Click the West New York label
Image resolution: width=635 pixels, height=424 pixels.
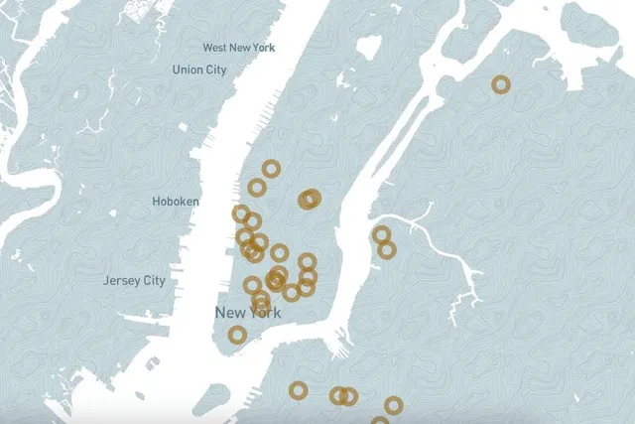[239, 48]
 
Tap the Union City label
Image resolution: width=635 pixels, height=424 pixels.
[198, 70]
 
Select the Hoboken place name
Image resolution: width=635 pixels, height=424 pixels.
[176, 202]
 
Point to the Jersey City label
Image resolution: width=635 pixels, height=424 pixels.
[134, 281]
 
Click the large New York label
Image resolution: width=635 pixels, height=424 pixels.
[248, 313]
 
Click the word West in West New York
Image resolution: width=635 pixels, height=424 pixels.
[214, 48]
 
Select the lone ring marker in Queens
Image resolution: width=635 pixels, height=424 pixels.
[501, 85]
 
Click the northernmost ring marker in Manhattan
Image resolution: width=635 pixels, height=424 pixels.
[271, 169]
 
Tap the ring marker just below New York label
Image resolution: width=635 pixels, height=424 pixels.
[237, 335]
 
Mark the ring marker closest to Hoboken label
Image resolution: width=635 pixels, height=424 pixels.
[240, 212]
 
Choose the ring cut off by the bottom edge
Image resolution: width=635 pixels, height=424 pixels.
[380, 421]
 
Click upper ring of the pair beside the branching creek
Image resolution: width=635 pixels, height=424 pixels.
[381, 234]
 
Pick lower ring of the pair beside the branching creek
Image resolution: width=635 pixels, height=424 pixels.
[386, 249]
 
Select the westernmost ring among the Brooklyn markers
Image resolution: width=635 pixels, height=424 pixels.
[298, 390]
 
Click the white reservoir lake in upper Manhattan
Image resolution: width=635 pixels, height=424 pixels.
[369, 47]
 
